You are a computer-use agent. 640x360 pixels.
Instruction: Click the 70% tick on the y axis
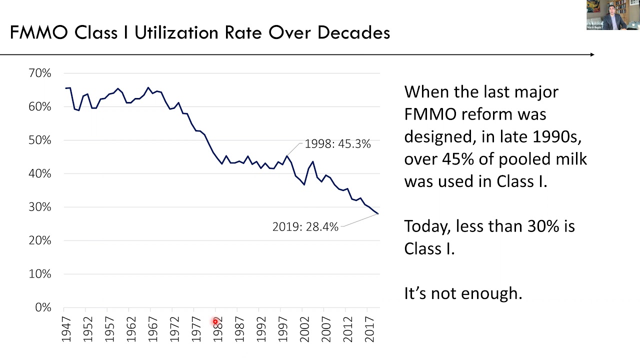[40, 73]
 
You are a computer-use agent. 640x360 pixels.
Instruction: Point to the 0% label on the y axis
[43, 307]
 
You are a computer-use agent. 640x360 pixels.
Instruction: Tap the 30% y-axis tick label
[40, 207]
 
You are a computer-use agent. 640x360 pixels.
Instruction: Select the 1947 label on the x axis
[66, 328]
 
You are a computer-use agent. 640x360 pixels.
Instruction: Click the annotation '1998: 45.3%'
[337, 144]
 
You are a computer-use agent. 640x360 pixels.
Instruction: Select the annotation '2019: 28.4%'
[305, 227]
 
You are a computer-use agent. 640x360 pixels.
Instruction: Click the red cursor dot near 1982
[215, 321]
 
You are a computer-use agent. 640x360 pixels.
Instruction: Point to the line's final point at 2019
[378, 214]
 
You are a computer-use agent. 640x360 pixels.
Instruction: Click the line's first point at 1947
[65, 88]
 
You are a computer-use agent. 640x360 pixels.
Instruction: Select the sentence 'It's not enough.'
[462, 293]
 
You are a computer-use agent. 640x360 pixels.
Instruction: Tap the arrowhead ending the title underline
[592, 54]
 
